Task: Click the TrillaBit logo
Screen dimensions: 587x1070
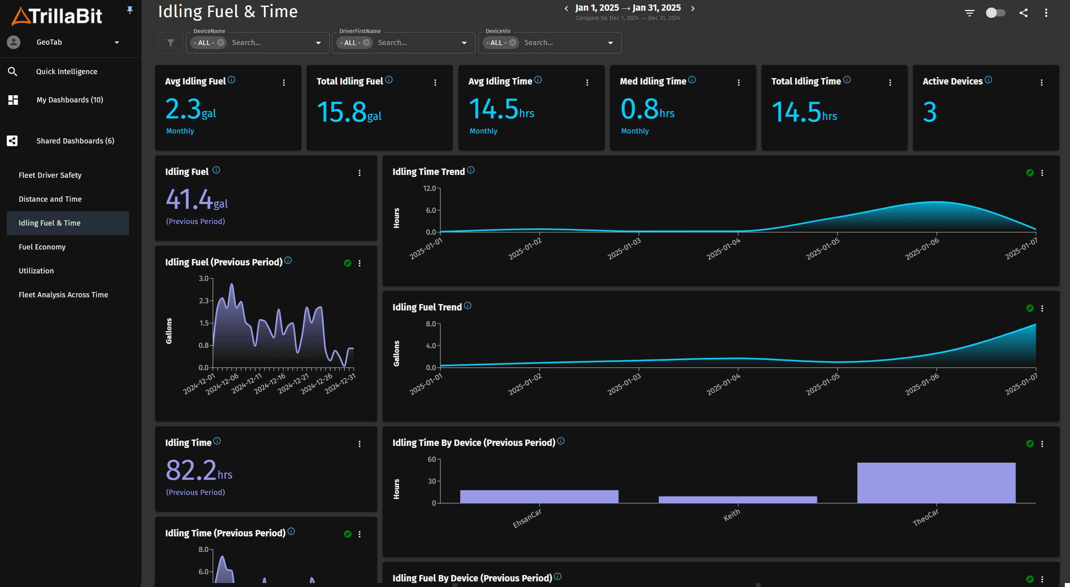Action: pos(57,16)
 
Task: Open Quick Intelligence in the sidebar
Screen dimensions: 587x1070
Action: pos(67,71)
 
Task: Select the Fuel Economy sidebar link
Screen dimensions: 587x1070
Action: pos(42,247)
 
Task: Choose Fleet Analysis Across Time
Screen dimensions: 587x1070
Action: pos(63,294)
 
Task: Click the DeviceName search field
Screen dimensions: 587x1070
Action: pos(270,43)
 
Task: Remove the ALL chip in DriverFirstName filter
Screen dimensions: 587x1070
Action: pos(366,43)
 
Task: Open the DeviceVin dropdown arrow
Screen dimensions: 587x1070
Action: pos(610,43)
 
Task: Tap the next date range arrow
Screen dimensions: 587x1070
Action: pos(693,8)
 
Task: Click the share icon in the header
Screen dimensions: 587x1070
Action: pos(1023,13)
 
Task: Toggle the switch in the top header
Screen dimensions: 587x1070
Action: pos(995,13)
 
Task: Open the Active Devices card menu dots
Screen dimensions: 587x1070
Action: pos(1041,82)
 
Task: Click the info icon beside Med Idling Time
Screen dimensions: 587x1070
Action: pos(691,80)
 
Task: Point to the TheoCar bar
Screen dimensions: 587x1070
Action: pos(936,483)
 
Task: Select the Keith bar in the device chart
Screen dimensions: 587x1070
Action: pos(737,499)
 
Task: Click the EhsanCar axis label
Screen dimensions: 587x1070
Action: pos(527,518)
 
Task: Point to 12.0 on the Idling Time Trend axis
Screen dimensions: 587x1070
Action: pos(429,188)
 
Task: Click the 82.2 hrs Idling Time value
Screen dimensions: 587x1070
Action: pos(198,471)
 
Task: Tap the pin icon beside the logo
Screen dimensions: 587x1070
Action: pos(130,10)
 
